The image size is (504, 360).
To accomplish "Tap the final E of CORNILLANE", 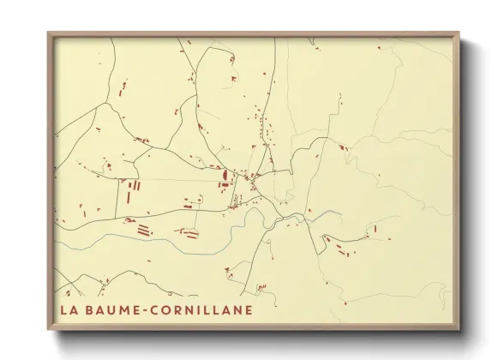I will [249, 310].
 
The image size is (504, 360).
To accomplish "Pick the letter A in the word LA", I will [75, 310].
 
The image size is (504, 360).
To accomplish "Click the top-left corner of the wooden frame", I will [48, 33].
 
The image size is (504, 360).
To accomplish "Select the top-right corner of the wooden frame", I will [459, 33].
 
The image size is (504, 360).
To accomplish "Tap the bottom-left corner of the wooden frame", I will [48, 330].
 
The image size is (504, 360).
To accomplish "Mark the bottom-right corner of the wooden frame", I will [459, 330].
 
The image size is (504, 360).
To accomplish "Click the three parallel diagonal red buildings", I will [143, 230].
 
